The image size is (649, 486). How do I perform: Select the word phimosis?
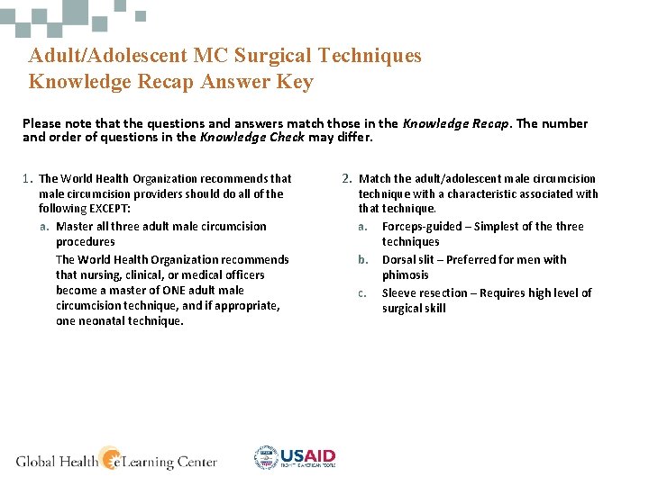(x=405, y=275)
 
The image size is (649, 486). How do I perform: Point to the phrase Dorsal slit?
(x=410, y=260)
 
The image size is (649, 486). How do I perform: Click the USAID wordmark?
(x=308, y=455)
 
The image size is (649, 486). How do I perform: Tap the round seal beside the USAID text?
(x=266, y=458)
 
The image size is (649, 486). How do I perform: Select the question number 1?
(x=27, y=179)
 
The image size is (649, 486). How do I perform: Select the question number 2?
(x=347, y=179)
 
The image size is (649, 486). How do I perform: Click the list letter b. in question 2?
(x=363, y=260)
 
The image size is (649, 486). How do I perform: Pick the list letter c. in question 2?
(x=362, y=293)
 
